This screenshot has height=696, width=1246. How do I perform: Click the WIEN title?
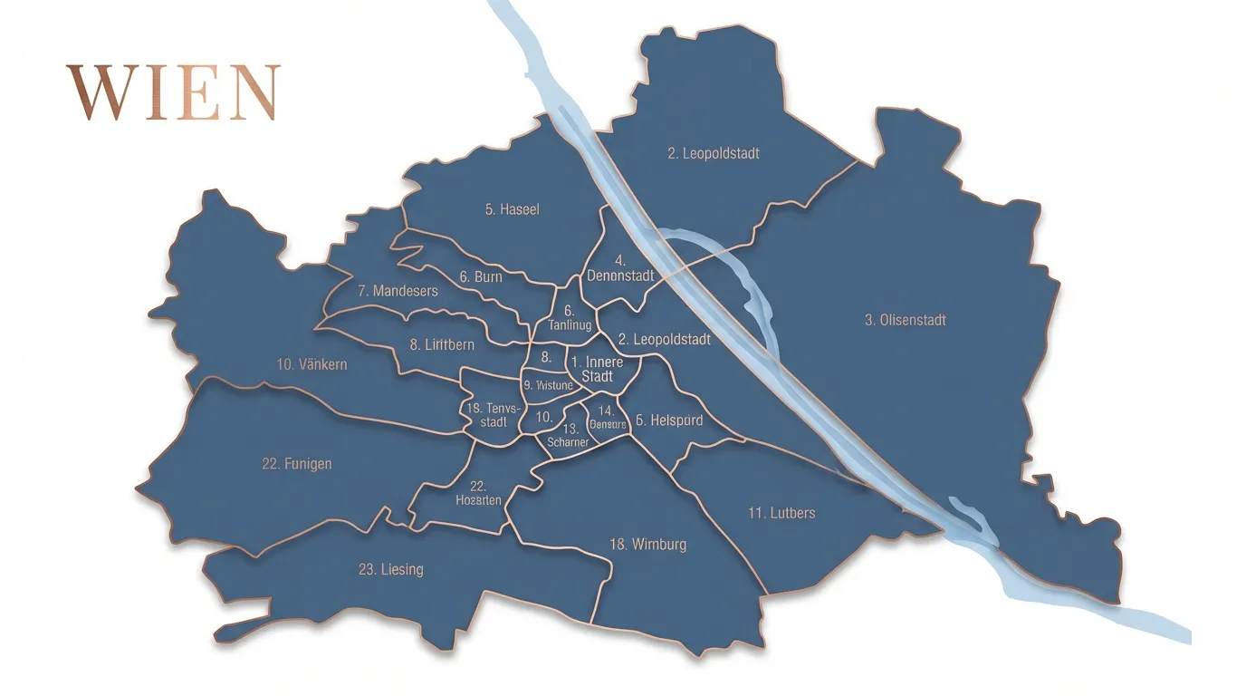(x=173, y=92)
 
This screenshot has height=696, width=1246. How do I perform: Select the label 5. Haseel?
(x=512, y=209)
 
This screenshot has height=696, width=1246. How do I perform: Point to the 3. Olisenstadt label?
(x=905, y=320)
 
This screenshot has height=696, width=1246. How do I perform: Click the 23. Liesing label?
(x=390, y=569)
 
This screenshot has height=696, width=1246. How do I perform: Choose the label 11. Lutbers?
(x=781, y=513)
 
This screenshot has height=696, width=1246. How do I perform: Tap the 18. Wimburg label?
(x=647, y=545)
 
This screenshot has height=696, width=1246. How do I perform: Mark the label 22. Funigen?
(x=296, y=464)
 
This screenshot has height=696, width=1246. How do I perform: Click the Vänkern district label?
(x=311, y=364)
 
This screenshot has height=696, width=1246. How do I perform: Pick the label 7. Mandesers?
(x=398, y=291)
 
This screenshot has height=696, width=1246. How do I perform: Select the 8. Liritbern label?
(x=442, y=344)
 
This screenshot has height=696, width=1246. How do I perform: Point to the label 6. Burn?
(x=480, y=276)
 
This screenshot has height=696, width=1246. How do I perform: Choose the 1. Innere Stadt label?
(x=598, y=369)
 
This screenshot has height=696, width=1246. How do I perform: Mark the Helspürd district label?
(x=668, y=420)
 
